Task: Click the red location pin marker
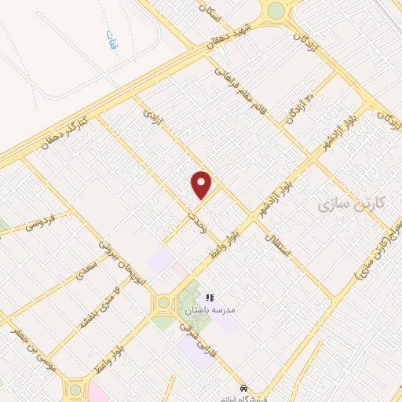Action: (x=202, y=185)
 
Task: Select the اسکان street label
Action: (x=235, y=17)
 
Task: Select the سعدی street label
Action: (x=84, y=272)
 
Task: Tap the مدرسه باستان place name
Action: (x=225, y=310)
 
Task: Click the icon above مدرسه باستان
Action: (x=210, y=297)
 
